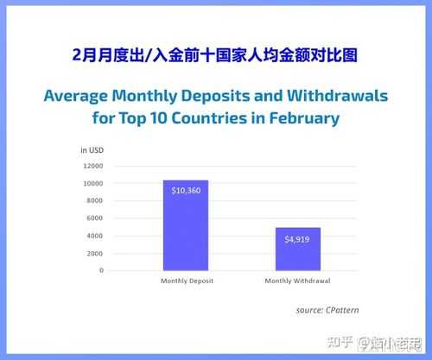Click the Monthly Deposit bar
(186, 225)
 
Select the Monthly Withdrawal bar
(298, 249)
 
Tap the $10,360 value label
(186, 191)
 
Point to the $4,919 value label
(297, 239)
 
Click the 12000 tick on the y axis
(93, 166)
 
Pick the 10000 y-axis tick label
(93, 184)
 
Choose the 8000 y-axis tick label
(94, 200)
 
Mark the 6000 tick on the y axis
(94, 218)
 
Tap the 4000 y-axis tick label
(94, 236)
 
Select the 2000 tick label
(94, 254)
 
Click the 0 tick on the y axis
(101, 270)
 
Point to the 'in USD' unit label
(92, 150)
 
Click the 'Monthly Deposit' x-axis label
(187, 281)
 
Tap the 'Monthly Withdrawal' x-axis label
(297, 281)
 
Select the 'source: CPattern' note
(327, 310)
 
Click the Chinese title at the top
(215, 55)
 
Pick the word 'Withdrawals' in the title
(338, 96)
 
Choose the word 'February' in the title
(304, 118)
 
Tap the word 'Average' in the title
(76, 97)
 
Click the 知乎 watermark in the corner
(340, 342)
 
